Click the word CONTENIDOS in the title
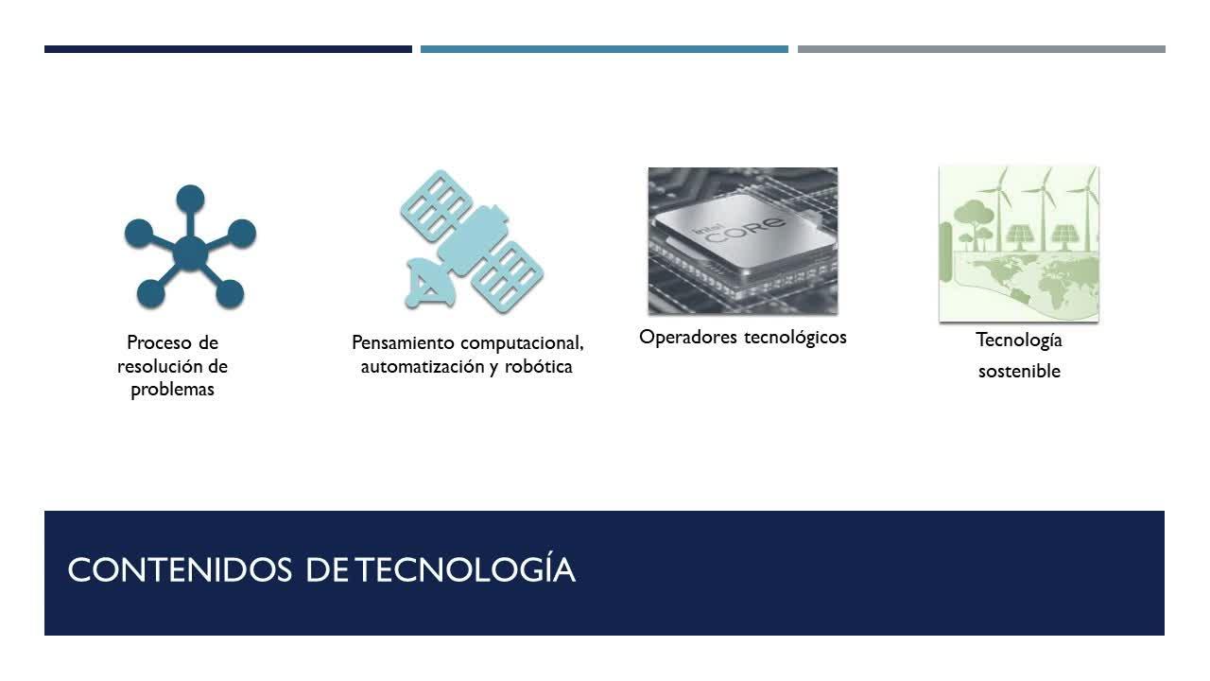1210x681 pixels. [x=180, y=569]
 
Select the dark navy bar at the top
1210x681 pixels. [x=228, y=49]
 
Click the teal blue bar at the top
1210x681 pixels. [x=604, y=49]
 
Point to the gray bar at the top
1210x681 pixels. [x=981, y=49]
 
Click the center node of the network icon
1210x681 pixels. [x=190, y=253]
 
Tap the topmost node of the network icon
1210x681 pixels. [x=190, y=199]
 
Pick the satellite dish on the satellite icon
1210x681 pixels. [x=429, y=283]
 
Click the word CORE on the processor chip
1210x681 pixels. [x=745, y=230]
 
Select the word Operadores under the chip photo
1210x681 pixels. [x=688, y=337]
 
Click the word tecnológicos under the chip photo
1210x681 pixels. [x=795, y=338]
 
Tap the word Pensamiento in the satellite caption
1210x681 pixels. [x=403, y=342]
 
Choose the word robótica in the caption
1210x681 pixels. [x=539, y=366]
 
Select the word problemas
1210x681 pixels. [x=172, y=390]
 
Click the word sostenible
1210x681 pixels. [x=1019, y=372]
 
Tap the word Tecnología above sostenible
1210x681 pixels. [x=1019, y=340]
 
